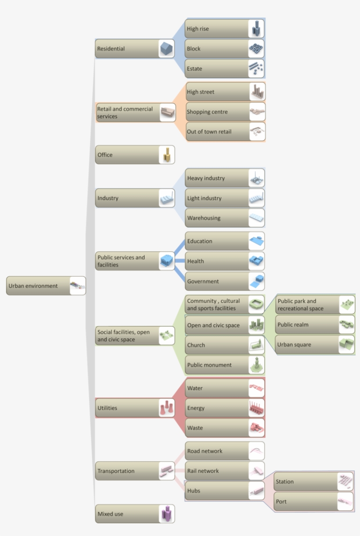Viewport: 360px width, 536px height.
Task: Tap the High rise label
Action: tap(198, 29)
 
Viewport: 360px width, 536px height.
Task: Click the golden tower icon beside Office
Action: tap(167, 155)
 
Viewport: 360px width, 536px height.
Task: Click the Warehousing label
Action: tap(204, 218)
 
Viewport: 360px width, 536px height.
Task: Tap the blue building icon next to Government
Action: tap(256, 281)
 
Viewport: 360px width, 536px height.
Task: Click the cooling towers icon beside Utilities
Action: tap(166, 408)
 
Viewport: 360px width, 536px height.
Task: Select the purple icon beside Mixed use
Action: tap(166, 514)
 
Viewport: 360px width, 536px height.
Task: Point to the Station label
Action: tap(284, 482)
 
